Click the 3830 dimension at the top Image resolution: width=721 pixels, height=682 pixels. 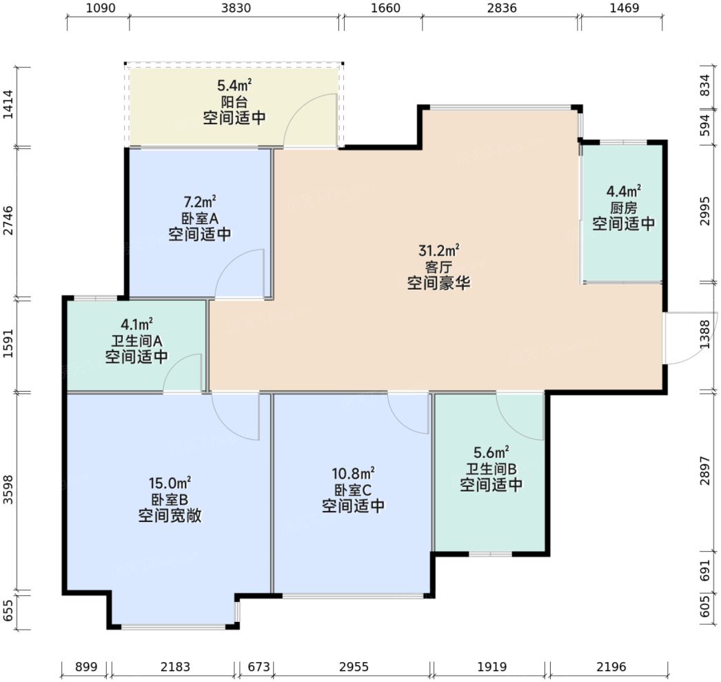[x=236, y=8]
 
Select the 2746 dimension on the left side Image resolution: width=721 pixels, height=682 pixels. [x=9, y=221]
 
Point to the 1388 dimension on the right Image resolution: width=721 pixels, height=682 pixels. [x=705, y=334]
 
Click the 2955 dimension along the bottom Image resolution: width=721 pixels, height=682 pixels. [x=354, y=667]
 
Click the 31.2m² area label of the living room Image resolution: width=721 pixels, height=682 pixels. [x=438, y=250]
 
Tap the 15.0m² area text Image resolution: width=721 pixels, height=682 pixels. [x=170, y=483]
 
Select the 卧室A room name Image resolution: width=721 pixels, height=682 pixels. [x=200, y=218]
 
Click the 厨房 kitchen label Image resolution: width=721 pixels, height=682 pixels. [x=624, y=208]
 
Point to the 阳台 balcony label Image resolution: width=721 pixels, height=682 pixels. [x=234, y=101]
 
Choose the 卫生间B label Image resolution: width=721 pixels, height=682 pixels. [x=491, y=469]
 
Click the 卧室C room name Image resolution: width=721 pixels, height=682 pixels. [x=353, y=490]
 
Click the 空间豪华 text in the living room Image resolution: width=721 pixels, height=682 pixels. [x=438, y=283]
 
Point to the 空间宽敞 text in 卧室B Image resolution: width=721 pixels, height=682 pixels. [x=170, y=516]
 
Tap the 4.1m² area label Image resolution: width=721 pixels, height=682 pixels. [x=136, y=325]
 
